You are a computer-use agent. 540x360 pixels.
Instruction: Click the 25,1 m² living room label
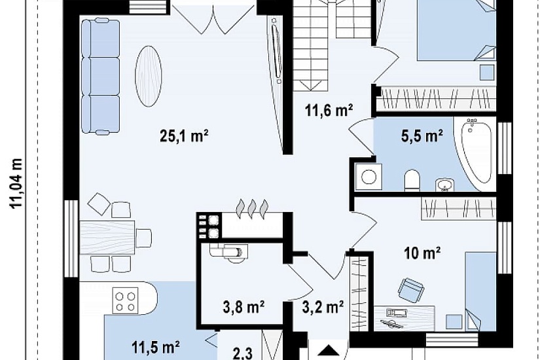(184, 136)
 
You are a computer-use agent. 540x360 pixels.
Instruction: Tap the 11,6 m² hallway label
(329, 111)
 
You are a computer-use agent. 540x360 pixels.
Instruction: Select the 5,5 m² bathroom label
(422, 136)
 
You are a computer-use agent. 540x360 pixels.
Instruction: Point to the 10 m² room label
(422, 253)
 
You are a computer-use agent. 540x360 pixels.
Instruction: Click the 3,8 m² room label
(243, 306)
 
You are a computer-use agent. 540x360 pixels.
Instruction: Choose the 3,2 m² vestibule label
(323, 306)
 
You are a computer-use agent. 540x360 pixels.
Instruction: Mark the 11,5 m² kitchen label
(155, 348)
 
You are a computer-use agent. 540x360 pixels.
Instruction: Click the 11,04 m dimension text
(16, 183)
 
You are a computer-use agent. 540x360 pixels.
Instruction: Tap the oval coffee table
(149, 76)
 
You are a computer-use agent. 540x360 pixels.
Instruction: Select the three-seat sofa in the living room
(101, 76)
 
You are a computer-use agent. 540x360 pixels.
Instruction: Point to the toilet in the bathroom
(412, 180)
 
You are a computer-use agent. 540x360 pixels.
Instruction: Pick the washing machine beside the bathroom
(369, 176)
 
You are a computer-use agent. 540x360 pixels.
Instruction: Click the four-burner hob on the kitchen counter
(126, 301)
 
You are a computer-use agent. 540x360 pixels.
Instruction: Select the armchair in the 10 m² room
(410, 288)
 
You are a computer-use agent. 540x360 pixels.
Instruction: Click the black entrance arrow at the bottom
(328, 351)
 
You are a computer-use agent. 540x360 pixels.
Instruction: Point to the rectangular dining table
(107, 238)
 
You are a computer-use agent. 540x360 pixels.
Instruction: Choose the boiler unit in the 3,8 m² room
(228, 251)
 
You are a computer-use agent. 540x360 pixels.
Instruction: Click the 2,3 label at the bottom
(243, 353)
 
